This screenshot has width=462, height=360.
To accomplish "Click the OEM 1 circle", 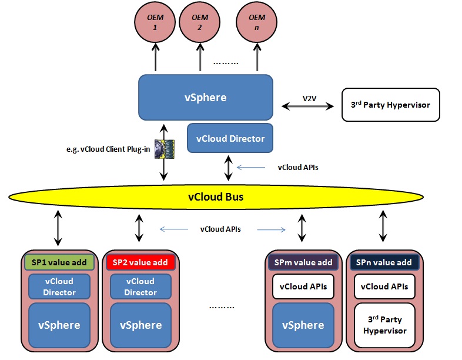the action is point(155,22).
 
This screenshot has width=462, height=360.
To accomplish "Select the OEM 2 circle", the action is point(200,22).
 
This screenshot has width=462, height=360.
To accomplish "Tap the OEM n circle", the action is point(257,22).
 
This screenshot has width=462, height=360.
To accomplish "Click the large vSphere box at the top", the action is point(206,97).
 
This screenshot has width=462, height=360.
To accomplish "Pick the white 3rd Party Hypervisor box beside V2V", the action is point(391,105).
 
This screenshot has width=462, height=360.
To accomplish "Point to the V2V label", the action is point(309,98).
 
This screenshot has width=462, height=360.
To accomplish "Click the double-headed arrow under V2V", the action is point(307,106).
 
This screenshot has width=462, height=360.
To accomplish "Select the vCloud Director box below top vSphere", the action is point(230,138).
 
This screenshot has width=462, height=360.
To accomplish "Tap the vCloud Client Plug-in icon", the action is point(165,149).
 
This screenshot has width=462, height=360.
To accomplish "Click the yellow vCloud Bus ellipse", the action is point(216,197).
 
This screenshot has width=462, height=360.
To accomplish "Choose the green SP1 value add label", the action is point(59,262).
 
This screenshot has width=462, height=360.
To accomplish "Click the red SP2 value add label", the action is point(140,262).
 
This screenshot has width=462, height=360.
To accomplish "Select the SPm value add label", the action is point(303,262).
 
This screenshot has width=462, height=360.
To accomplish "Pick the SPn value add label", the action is point(384,262).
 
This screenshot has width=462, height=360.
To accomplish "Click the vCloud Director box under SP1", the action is point(59,286).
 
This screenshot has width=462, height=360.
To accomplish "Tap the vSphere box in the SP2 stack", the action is point(141,325).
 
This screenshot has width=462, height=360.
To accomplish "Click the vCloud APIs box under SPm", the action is point(303,286).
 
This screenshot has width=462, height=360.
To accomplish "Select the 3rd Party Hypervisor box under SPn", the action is point(385,325).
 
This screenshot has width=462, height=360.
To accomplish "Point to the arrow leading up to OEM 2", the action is point(200,57).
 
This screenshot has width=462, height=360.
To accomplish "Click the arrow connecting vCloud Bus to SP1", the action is point(58,228).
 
